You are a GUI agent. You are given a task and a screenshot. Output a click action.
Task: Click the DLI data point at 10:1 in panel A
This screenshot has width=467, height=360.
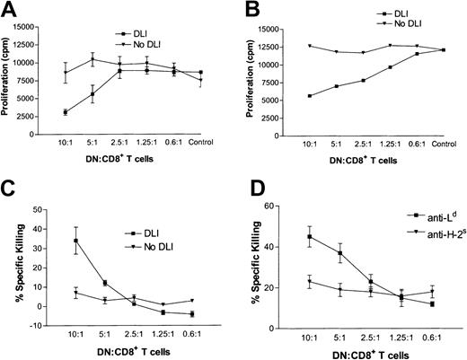coord(66,112)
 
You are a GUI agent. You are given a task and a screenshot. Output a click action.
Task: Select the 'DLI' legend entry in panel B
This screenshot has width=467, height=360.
coord(381,14)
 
